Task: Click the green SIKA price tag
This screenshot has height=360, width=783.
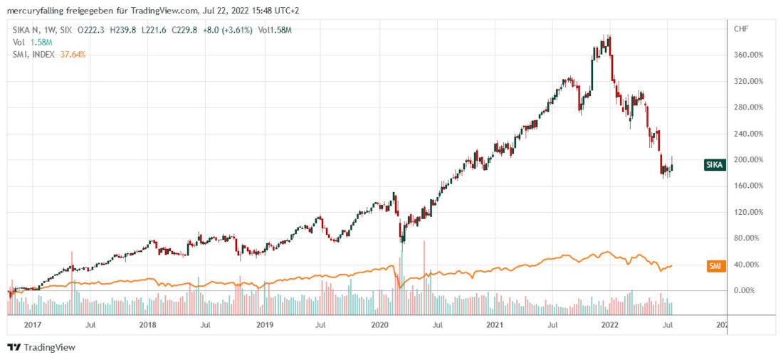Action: point(715,165)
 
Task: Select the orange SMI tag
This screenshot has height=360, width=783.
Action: point(715,266)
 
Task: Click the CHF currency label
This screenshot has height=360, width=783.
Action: point(741,29)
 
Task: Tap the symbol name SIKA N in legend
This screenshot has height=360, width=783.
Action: point(28,30)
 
